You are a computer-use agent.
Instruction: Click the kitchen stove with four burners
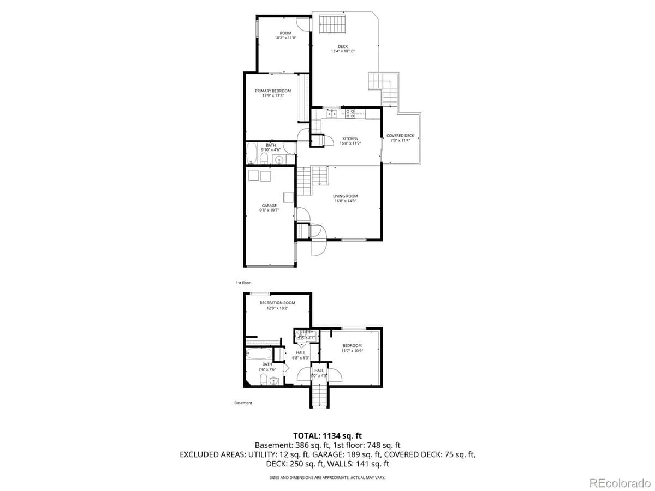click(x=350, y=113)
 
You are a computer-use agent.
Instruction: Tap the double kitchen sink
click(x=331, y=113)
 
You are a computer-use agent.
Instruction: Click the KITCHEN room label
click(x=350, y=139)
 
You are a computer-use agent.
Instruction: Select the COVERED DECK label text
click(x=400, y=136)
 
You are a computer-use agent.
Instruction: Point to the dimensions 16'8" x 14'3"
click(x=346, y=201)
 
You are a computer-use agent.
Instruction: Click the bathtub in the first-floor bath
click(x=252, y=154)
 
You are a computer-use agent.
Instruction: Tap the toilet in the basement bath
click(x=263, y=379)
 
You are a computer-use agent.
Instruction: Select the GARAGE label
click(x=269, y=206)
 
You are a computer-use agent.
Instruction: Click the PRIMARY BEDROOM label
click(x=273, y=91)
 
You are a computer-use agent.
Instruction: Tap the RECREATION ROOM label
click(x=277, y=303)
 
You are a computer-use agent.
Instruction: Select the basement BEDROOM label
click(x=352, y=345)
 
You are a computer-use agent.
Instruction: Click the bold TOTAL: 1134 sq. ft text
click(x=327, y=435)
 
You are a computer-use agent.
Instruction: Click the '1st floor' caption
click(x=243, y=283)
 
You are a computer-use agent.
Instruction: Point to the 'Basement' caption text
click(x=243, y=403)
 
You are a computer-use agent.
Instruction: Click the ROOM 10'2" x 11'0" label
click(x=285, y=33)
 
